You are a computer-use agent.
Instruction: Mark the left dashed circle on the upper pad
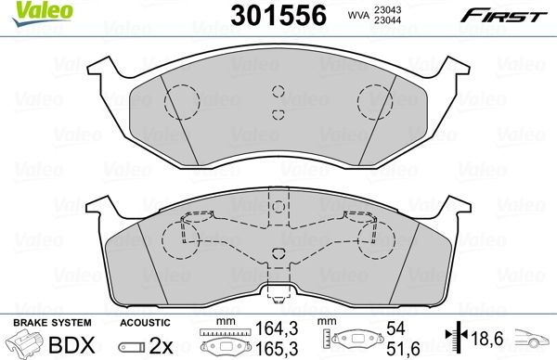click(180, 101)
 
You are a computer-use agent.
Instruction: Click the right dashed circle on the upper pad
click(377, 101)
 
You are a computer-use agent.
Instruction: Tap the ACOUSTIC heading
click(143, 321)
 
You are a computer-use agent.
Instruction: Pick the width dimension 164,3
click(268, 328)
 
